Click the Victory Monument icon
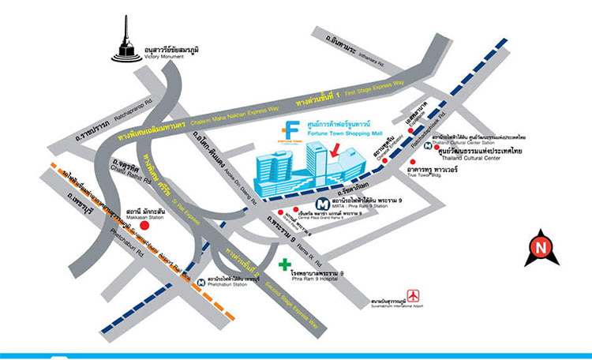tap(126, 43)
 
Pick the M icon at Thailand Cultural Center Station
tap(427, 145)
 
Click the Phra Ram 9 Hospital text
tap(320, 278)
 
